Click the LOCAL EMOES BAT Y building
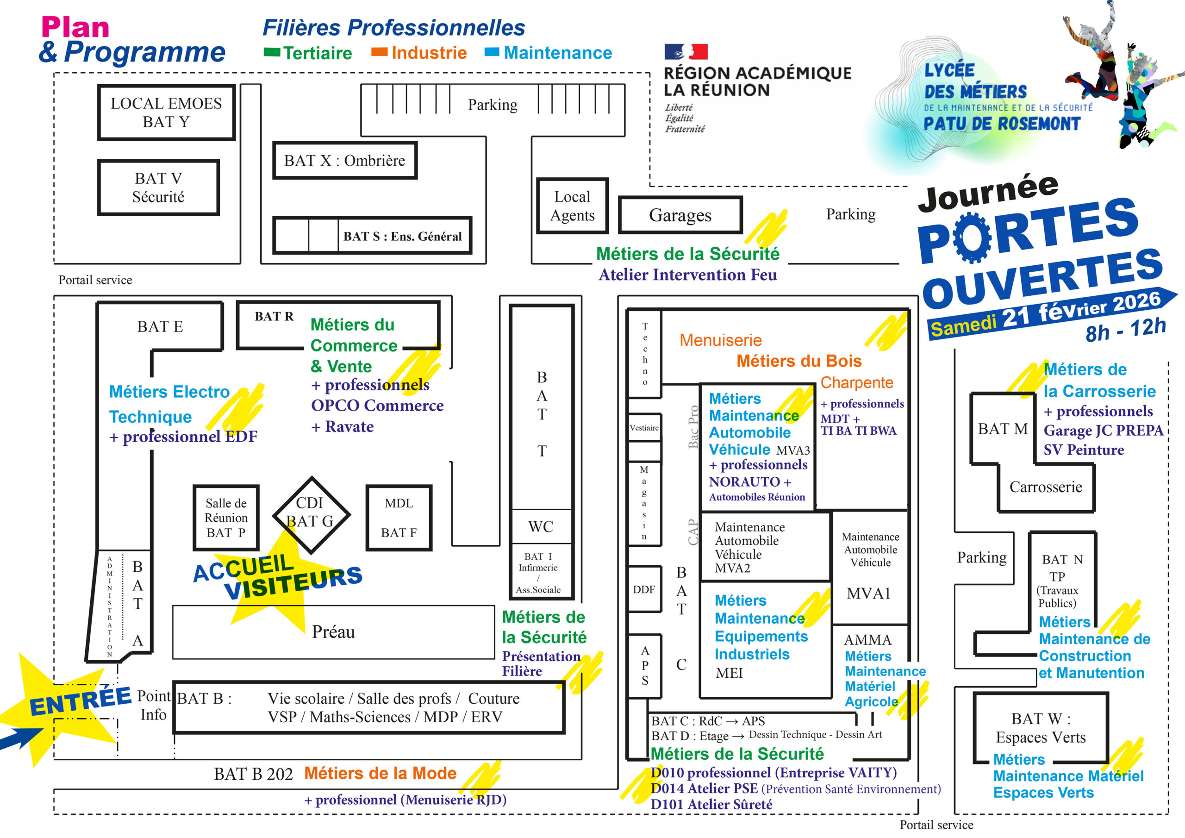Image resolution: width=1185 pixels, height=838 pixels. pyautogui.click(x=166, y=113)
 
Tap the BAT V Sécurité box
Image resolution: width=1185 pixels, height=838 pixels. pyautogui.click(x=158, y=188)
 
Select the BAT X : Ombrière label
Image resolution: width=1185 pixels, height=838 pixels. pyautogui.click(x=344, y=161)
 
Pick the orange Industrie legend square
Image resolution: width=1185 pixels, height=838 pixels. pyautogui.click(x=380, y=52)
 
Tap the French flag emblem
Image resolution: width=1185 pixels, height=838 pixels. pyautogui.click(x=686, y=52)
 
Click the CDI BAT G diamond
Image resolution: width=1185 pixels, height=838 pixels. pyautogui.click(x=311, y=514)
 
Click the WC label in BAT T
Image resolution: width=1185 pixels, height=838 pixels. pyautogui.click(x=541, y=527)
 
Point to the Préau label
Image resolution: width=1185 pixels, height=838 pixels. pyautogui.click(x=333, y=632)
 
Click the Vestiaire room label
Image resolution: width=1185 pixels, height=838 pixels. pyautogui.click(x=644, y=427)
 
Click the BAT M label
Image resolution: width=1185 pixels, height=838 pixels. pyautogui.click(x=1002, y=429)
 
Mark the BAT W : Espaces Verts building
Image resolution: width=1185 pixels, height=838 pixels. pyautogui.click(x=1041, y=728)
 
